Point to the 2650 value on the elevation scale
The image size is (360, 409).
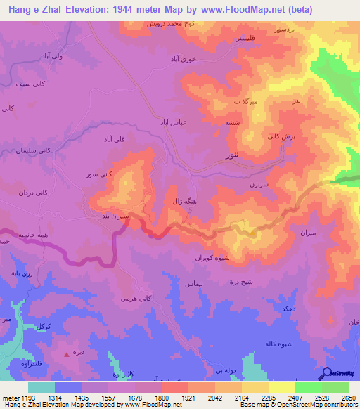point(349,398)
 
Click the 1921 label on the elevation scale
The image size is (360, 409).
point(188,398)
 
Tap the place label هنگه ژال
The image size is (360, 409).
point(186,201)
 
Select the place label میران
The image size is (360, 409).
point(307,232)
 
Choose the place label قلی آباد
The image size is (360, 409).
point(115,139)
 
